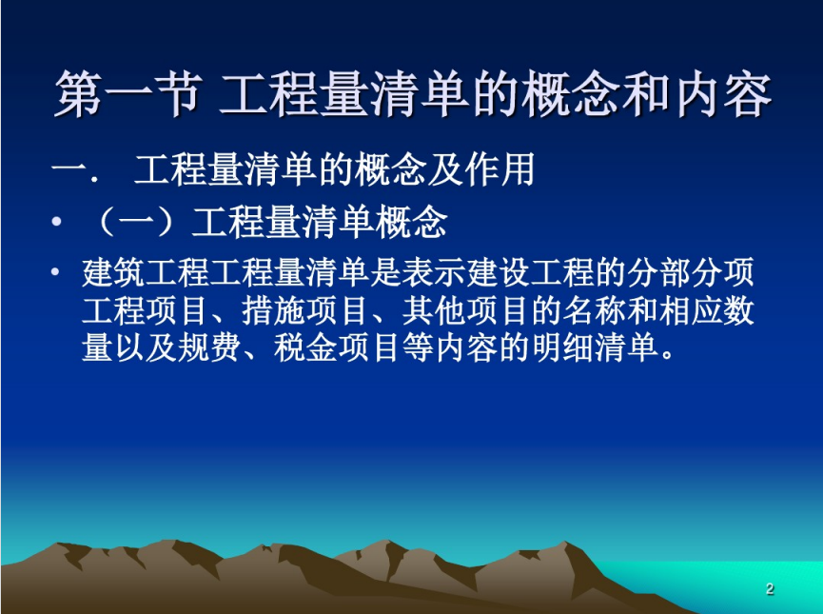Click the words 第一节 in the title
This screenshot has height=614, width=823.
(127, 94)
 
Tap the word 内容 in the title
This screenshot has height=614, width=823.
(723, 94)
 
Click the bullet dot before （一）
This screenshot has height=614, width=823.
(57, 221)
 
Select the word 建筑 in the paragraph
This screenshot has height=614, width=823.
(114, 272)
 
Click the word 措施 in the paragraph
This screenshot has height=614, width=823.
(274, 310)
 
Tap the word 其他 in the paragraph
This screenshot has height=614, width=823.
(434, 310)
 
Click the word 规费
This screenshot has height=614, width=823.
(210, 347)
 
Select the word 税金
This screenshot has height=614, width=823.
(306, 347)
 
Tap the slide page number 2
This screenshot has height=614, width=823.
(770, 588)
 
